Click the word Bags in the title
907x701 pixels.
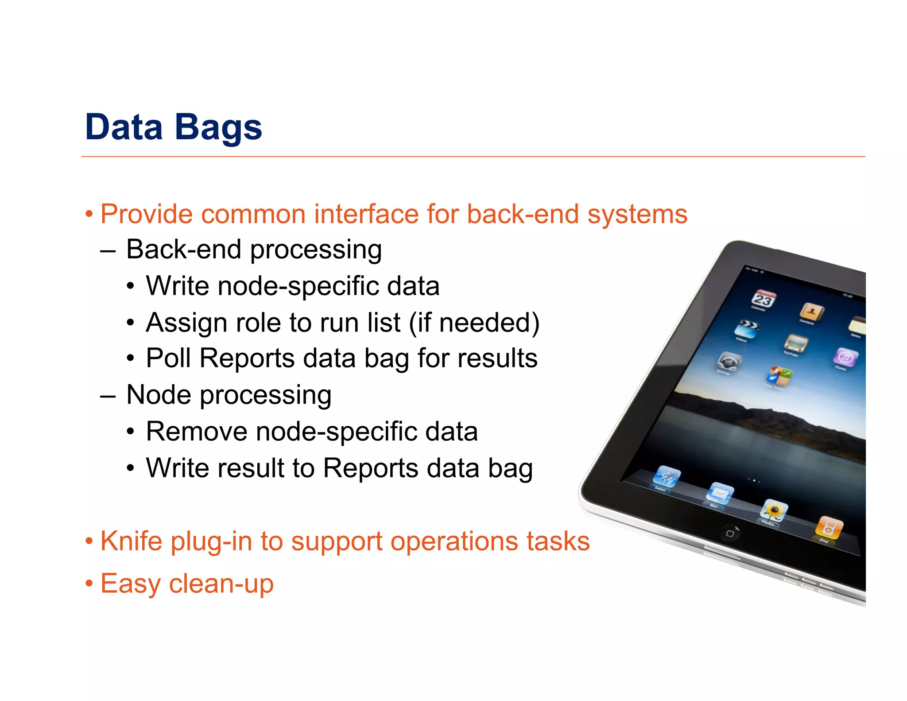tap(218, 127)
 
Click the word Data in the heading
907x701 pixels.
tap(124, 127)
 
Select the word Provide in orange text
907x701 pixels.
tap(147, 214)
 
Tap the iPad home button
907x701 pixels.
tap(729, 534)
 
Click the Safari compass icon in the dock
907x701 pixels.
tap(667, 477)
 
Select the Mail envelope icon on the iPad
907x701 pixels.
tap(720, 494)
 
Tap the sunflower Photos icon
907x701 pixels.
tap(774, 510)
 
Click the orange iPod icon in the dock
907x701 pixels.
tap(829, 528)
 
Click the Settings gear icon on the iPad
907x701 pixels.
tap(729, 362)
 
